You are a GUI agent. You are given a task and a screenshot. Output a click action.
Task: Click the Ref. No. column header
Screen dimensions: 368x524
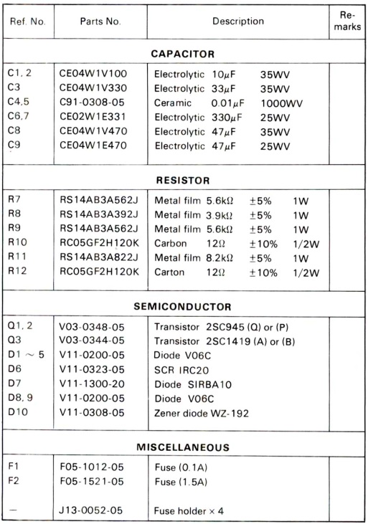click(x=28, y=22)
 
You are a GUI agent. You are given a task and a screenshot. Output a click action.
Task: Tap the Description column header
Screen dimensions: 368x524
click(x=237, y=22)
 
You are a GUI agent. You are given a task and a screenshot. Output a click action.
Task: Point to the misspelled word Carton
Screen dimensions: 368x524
click(x=171, y=272)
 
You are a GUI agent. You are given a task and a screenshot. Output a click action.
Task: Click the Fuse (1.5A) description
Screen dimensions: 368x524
click(x=181, y=482)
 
